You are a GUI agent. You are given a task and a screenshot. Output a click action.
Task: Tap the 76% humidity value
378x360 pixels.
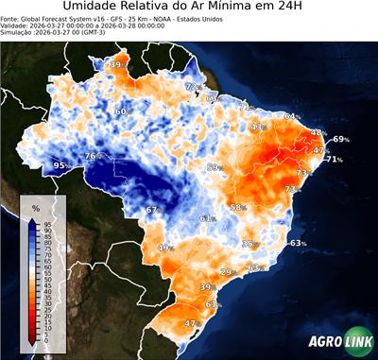(x=92, y=156)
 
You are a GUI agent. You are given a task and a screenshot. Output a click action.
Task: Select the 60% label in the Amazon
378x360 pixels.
(x=121, y=111)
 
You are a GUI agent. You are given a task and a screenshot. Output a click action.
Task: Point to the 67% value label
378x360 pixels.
(x=151, y=209)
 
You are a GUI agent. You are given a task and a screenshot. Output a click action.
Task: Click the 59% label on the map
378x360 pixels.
(x=214, y=167)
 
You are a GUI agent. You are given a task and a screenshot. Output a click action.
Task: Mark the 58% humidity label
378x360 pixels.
(x=238, y=207)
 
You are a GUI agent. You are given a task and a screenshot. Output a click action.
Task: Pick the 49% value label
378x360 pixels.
(x=165, y=248)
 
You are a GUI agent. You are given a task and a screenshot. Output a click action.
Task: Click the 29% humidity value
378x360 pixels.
(x=227, y=272)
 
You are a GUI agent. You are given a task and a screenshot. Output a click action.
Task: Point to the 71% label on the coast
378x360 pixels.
(x=335, y=160)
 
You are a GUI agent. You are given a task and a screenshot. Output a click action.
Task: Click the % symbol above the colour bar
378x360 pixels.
(x=35, y=208)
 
